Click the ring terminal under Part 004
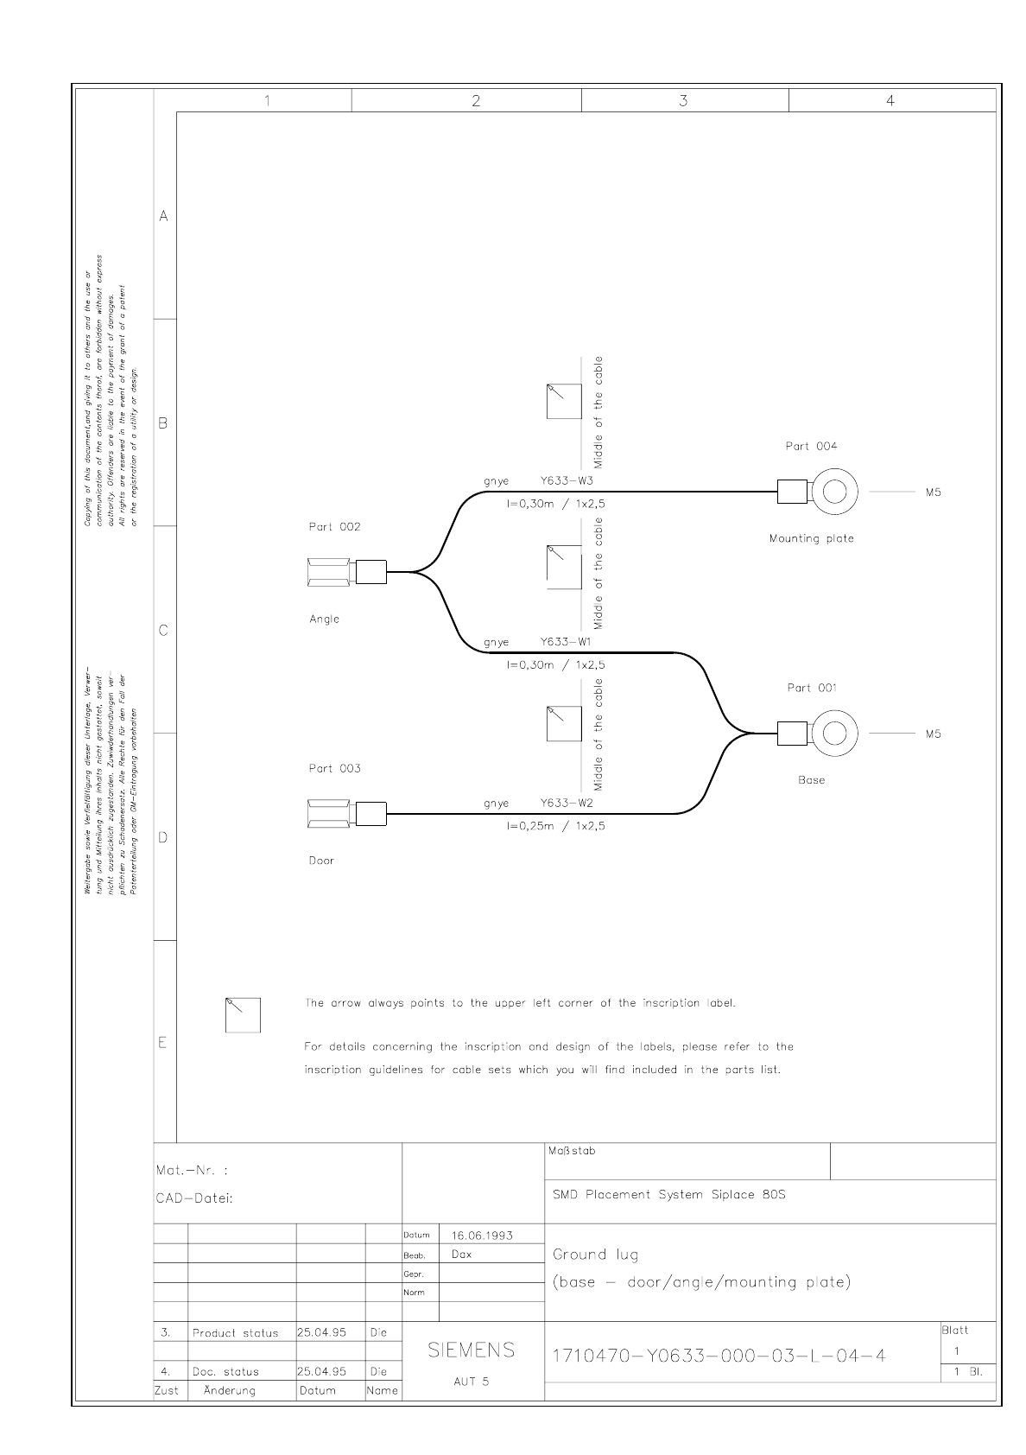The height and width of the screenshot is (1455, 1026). coord(833,492)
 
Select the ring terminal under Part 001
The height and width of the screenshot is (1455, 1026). coord(833,733)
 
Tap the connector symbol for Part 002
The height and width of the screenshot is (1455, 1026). coord(346,572)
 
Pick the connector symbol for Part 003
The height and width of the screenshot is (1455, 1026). coord(346,814)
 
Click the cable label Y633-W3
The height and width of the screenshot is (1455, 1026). coord(567,480)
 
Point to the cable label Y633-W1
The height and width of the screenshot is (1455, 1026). coord(566,642)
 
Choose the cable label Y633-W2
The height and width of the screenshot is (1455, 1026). coord(567,803)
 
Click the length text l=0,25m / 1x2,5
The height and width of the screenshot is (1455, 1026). coord(555,826)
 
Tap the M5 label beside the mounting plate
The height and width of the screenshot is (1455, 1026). coord(933,492)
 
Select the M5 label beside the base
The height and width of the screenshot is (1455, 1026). coord(933,734)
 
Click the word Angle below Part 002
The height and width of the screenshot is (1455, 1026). coord(325,619)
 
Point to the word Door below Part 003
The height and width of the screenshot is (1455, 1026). coord(321,861)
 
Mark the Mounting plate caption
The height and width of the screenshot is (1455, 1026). coord(811,538)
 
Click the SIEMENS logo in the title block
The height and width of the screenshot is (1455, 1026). coord(472,1350)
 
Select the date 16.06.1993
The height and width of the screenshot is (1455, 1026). coord(482,1236)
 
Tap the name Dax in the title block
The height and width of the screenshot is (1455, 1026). coord(462,1255)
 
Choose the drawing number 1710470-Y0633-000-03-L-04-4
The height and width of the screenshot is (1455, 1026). coord(719,1355)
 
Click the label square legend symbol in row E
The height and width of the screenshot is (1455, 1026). coord(243,1014)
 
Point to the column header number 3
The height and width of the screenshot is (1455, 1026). coord(683,101)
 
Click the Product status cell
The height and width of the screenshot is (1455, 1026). coord(235,1333)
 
